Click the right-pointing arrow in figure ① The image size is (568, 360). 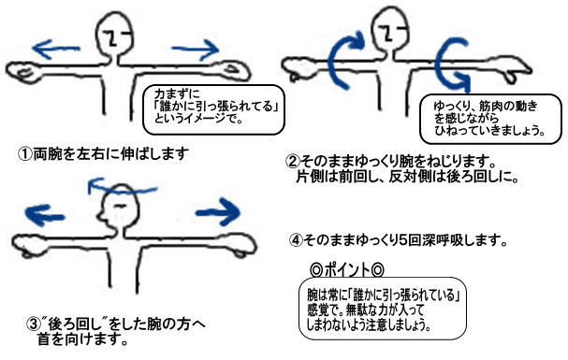[196, 49]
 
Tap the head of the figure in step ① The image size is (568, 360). [114, 34]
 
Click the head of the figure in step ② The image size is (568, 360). [390, 29]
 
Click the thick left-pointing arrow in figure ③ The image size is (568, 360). [44, 215]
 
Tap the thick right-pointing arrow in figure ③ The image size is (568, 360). [218, 212]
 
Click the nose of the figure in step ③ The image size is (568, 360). [100, 216]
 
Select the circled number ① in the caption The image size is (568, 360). [25, 154]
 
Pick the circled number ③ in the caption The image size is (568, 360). [34, 324]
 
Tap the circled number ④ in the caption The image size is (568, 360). [297, 240]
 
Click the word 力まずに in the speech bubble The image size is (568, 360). [177, 94]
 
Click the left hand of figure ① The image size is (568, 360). [22, 71]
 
